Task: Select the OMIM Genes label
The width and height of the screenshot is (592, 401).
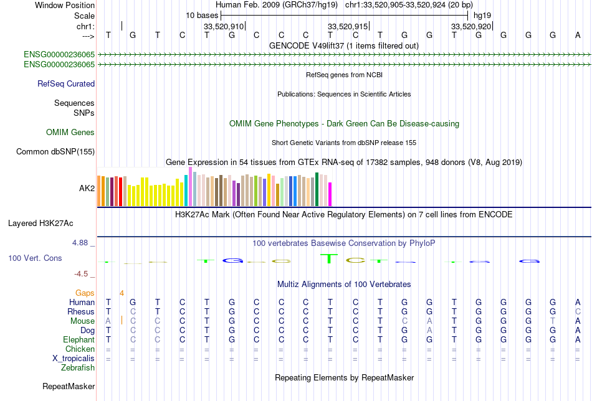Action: [70, 132]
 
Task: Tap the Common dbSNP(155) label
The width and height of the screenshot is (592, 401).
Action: [55, 151]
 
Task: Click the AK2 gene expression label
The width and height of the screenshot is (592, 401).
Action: [87, 187]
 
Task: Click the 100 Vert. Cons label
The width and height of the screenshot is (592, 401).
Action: [35, 258]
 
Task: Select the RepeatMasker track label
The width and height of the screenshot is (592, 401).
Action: [69, 387]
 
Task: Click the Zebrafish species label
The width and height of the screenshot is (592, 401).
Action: [78, 368]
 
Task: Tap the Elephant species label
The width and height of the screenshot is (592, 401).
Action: [79, 340]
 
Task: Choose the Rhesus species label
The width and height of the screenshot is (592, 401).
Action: [81, 311]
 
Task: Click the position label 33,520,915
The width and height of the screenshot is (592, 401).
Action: [348, 26]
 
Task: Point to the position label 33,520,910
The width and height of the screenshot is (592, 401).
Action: [224, 26]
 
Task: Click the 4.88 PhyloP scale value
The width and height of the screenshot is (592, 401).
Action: [82, 242]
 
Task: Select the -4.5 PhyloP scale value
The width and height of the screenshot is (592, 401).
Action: [84, 273]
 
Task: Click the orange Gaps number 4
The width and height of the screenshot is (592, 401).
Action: [122, 293]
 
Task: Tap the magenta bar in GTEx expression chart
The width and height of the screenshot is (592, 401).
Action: [330, 194]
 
